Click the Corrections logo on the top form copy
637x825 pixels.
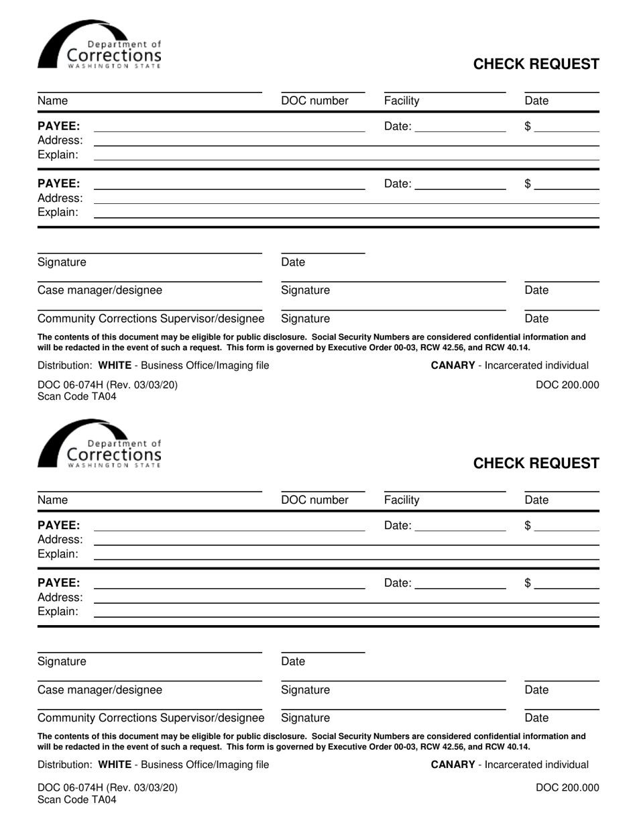[99, 45]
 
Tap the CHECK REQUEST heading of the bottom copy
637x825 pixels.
[536, 463]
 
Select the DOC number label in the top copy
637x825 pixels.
[314, 101]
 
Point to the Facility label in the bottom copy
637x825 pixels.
[402, 500]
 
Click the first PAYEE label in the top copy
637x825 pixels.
[58, 126]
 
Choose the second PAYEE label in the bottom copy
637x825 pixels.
[58, 582]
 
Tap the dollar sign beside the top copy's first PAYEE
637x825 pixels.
[528, 126]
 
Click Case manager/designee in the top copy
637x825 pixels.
[99, 290]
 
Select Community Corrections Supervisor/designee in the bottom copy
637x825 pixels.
[151, 718]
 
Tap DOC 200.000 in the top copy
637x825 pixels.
[567, 385]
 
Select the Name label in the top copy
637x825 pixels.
[52, 101]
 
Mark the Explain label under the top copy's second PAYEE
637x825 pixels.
[58, 212]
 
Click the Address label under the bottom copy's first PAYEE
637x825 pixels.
[60, 540]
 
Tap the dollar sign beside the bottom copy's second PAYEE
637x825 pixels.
[528, 584]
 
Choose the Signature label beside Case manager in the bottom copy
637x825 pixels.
[305, 690]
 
